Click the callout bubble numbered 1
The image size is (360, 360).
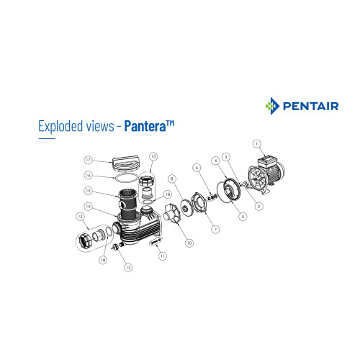click(x=257, y=144)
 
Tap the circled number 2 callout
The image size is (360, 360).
click(x=258, y=206)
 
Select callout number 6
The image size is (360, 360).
click(x=197, y=168)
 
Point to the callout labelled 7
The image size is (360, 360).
click(x=215, y=229)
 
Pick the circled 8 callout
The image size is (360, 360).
click(x=172, y=179)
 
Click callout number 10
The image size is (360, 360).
click(x=189, y=243)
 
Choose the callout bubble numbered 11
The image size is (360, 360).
click(x=163, y=256)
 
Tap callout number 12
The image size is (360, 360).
click(x=128, y=267)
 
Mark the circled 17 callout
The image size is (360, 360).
click(x=89, y=160)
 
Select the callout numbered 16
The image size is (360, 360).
click(x=89, y=176)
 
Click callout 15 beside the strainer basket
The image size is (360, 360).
click(x=89, y=191)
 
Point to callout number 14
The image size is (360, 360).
click(x=89, y=206)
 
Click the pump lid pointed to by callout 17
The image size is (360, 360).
click(x=125, y=163)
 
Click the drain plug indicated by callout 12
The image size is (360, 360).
click(x=114, y=246)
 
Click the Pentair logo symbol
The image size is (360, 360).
click(x=272, y=106)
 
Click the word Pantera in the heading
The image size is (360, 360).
click(x=145, y=126)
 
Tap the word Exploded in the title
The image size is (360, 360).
click(x=60, y=126)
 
